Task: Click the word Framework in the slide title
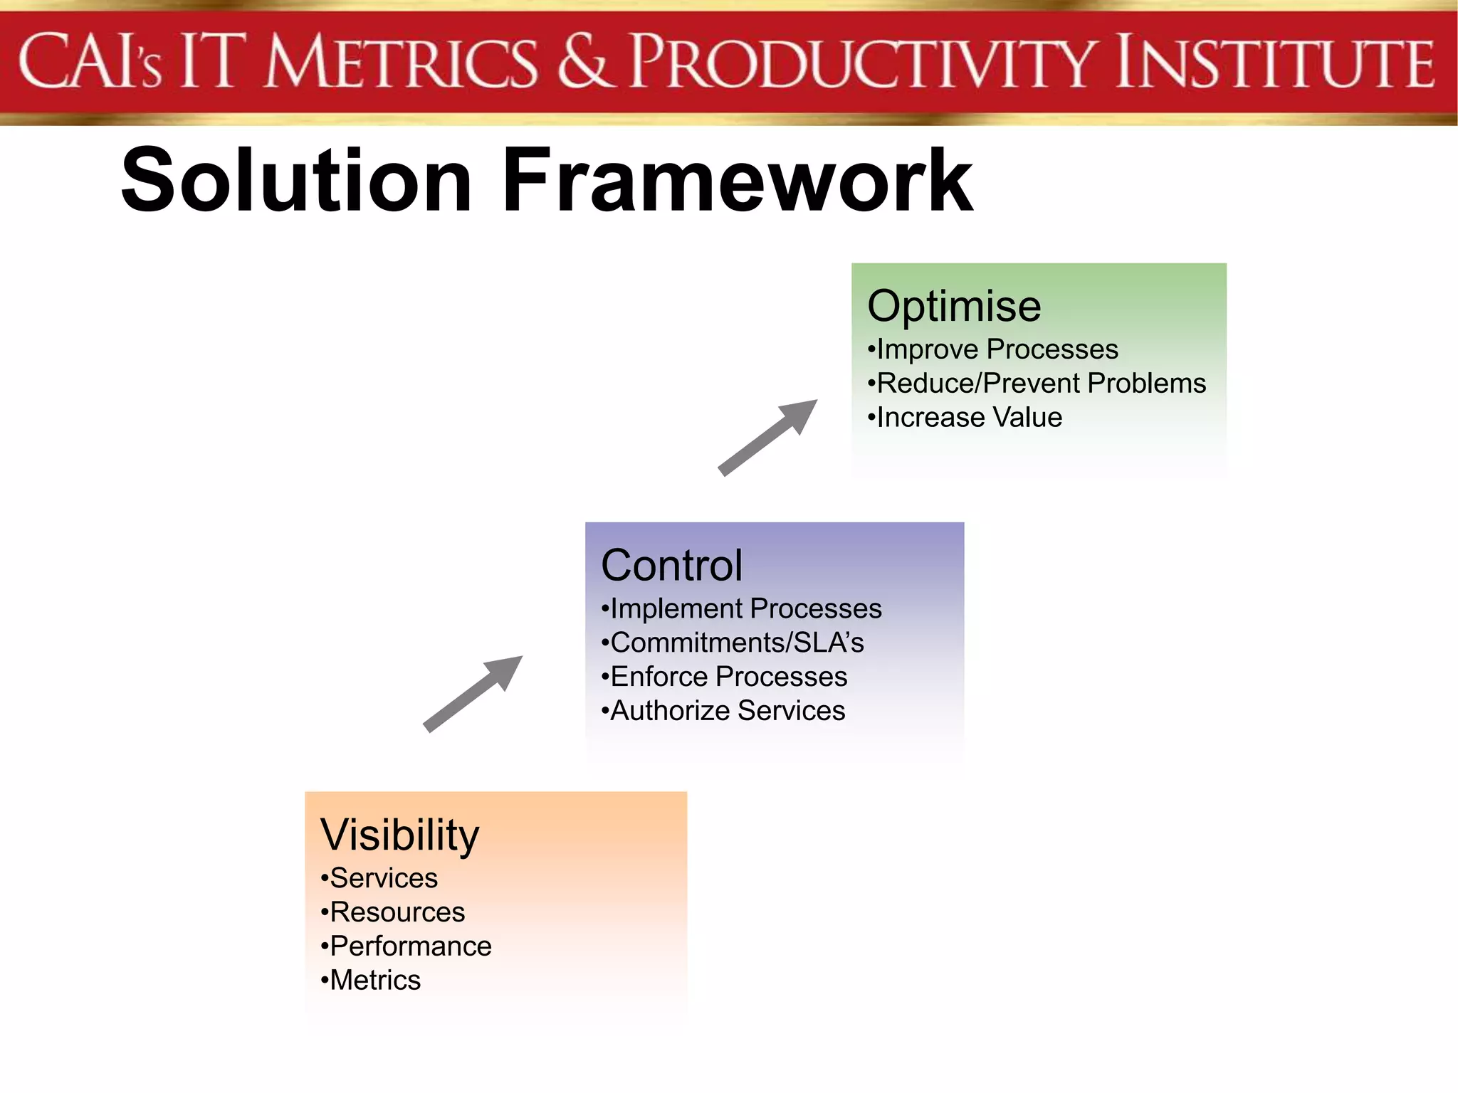[x=738, y=180]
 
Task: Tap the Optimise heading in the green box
[x=954, y=306]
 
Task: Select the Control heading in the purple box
[x=671, y=566]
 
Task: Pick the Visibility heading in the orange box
[x=399, y=835]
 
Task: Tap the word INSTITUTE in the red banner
[x=1274, y=63]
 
